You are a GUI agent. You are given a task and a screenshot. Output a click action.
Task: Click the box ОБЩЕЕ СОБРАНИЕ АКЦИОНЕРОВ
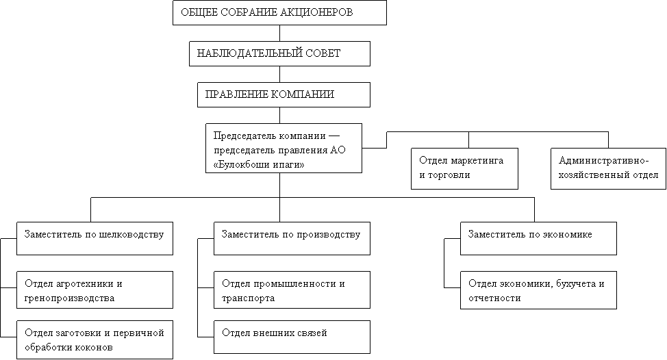279,12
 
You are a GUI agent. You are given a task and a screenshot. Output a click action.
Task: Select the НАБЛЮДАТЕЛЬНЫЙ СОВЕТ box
279,53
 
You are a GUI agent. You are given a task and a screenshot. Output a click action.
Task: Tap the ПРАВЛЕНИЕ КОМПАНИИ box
284,94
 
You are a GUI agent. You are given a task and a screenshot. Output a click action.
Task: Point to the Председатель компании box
284,148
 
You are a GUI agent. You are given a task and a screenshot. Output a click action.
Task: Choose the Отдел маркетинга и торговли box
464,168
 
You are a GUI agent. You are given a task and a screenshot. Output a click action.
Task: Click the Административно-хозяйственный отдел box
608,168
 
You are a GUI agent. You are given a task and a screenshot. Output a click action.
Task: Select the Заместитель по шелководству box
95,238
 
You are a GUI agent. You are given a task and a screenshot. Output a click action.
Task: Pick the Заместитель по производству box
292,238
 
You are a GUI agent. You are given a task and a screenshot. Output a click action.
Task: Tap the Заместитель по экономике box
538,238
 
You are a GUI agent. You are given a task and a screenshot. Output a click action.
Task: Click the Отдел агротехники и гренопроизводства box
95,290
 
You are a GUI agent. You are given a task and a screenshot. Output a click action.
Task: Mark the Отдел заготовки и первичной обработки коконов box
95,339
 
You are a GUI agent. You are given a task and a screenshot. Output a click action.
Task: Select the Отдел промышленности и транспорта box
292,290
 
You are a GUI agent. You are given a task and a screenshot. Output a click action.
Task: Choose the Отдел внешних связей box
292,337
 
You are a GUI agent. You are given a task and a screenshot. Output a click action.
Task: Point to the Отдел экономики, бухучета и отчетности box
538,290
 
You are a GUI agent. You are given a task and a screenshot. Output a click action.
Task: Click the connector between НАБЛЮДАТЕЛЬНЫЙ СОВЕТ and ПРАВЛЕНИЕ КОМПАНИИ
279,74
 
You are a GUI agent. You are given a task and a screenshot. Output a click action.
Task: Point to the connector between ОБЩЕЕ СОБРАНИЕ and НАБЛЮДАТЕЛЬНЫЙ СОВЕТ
279,33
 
